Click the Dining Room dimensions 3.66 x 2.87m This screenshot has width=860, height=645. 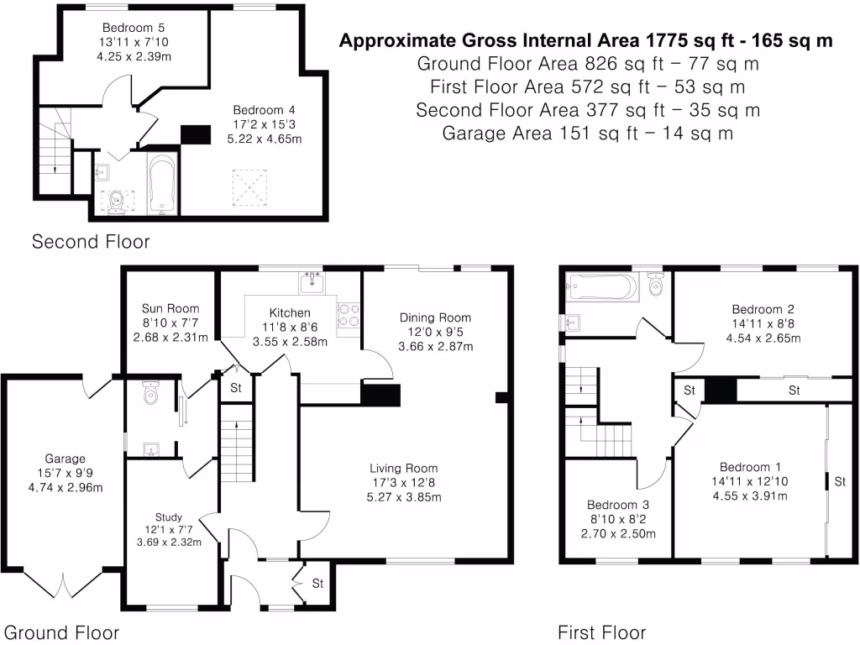click(x=435, y=346)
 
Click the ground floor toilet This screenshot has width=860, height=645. click(x=151, y=392)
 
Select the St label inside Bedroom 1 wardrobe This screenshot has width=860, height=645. click(x=838, y=481)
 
